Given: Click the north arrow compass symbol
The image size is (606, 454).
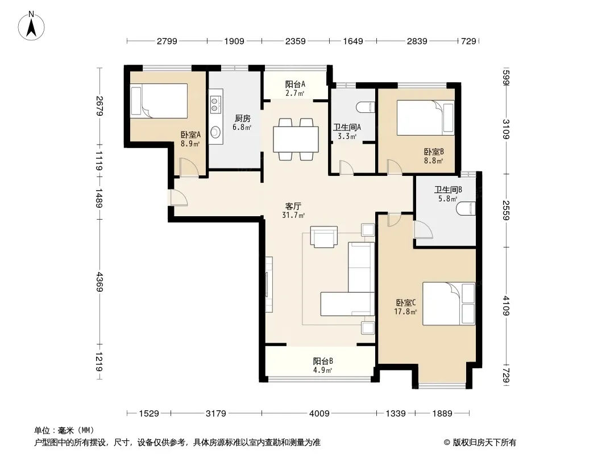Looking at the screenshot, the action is pyautogui.click(x=31, y=26).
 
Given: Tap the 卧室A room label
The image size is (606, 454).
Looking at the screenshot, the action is pyautogui.click(x=190, y=135).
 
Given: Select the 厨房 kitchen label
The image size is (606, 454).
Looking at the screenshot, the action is pyautogui.click(x=242, y=119).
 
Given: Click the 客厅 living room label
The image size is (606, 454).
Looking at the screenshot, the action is pyautogui.click(x=293, y=207).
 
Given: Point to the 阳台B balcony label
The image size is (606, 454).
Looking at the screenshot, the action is pyautogui.click(x=323, y=361).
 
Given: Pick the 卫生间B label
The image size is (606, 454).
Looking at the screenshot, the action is pyautogui.click(x=448, y=190).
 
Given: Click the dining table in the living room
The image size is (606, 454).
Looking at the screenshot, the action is pyautogui.click(x=296, y=139).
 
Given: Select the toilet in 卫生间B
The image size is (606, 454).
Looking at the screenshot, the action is pyautogui.click(x=466, y=209).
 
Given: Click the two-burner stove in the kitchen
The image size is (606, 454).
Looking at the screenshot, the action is pyautogui.click(x=215, y=105).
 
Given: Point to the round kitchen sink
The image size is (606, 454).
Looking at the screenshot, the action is pyautogui.click(x=215, y=132).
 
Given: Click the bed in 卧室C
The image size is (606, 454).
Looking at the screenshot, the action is pyautogui.click(x=449, y=304).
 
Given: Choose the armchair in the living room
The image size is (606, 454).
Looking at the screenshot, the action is pyautogui.click(x=324, y=237).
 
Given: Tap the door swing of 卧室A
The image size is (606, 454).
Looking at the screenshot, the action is pyautogui.click(x=189, y=167).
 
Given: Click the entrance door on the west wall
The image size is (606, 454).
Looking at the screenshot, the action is pyautogui.click(x=178, y=198).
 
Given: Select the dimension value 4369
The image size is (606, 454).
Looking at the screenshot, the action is pyautogui.click(x=99, y=281).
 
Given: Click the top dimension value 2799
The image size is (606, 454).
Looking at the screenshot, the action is pyautogui.click(x=167, y=41).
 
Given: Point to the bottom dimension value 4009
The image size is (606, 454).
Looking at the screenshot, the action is pyautogui.click(x=319, y=414).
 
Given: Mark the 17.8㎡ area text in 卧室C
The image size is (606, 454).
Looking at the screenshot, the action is pyautogui.click(x=405, y=312).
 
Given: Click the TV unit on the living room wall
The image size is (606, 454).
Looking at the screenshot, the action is pyautogui.click(x=268, y=284).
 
